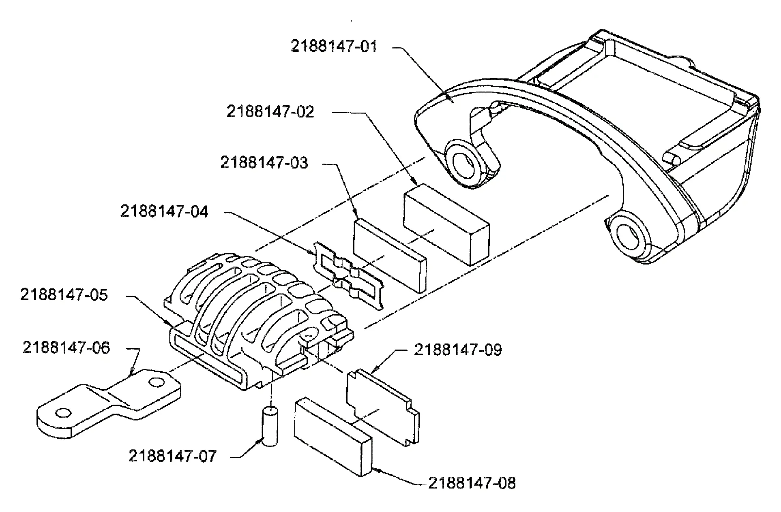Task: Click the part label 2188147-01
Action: click(333, 46)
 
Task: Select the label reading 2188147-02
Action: click(270, 112)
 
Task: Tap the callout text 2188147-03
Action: click(264, 163)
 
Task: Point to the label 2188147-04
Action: click(164, 211)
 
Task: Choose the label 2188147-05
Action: click(64, 295)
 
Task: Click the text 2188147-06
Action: click(66, 348)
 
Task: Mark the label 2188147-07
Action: click(173, 456)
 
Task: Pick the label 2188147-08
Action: click(472, 483)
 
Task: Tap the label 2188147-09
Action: click(458, 350)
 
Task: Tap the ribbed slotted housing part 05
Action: click(251, 320)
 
